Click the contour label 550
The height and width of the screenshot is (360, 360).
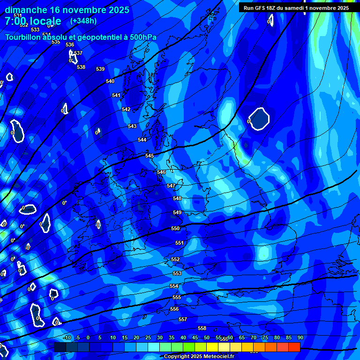[x=175, y=229]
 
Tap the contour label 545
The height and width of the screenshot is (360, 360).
[x=150, y=156]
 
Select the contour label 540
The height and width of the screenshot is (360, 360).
[x=110, y=82]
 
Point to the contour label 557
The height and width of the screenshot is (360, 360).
[x=183, y=320]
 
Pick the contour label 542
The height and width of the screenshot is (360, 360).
[x=126, y=109]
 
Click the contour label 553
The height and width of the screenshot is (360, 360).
[x=177, y=273]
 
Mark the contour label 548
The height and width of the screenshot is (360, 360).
[x=177, y=199]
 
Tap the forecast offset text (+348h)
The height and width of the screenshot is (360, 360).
[x=83, y=21]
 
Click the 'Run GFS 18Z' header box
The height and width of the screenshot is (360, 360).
[x=296, y=8]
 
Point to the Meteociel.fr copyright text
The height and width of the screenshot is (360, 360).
[x=199, y=357]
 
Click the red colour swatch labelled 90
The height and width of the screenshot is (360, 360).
[x=294, y=347]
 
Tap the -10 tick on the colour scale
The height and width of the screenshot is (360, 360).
[x=67, y=337]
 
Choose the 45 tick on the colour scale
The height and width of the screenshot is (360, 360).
[x=195, y=337]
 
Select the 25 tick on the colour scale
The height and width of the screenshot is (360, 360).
[x=148, y=337]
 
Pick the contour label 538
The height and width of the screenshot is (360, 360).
[x=81, y=67]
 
